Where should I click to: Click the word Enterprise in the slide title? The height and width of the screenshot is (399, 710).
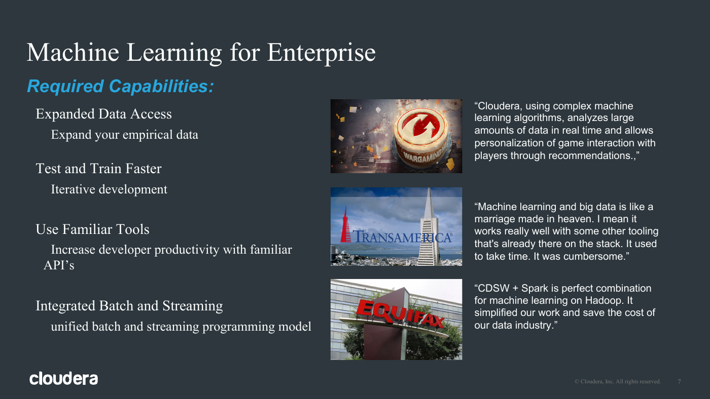(321, 53)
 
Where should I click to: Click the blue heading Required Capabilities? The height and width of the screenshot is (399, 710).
(121, 86)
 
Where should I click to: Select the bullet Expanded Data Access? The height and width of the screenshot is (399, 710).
(103, 114)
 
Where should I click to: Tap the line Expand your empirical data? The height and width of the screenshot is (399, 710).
(125, 135)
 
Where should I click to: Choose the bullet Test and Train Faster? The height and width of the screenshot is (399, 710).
(98, 168)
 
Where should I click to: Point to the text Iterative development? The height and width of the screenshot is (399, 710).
(109, 189)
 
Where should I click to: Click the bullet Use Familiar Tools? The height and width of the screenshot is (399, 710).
(92, 229)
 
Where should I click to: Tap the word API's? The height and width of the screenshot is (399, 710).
(59, 265)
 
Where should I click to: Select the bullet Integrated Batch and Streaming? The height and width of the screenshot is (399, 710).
(129, 306)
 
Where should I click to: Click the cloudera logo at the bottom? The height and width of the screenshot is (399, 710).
(64, 378)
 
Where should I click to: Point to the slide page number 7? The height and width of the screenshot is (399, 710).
(679, 382)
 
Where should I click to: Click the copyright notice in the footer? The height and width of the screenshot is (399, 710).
(618, 382)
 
